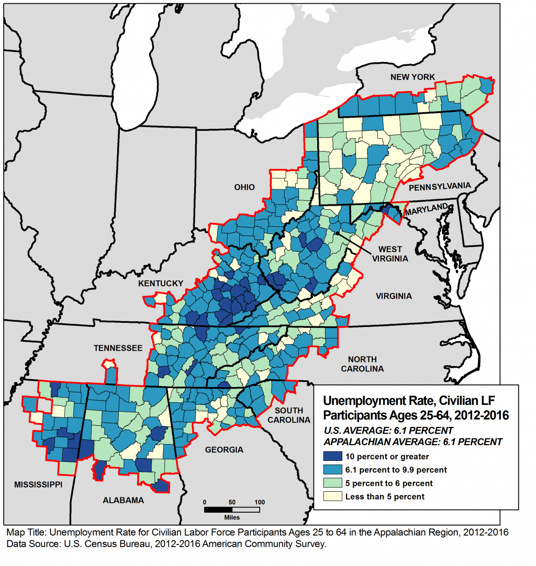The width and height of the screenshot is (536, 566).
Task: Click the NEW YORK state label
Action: (x=412, y=77)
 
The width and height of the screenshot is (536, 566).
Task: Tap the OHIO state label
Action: (x=245, y=187)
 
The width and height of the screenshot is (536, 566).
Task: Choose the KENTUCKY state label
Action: (x=161, y=284)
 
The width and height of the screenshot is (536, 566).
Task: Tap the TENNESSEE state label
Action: (x=118, y=348)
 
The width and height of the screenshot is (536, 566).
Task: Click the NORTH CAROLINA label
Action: (x=362, y=364)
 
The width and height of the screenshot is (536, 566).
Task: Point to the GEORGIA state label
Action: (x=224, y=449)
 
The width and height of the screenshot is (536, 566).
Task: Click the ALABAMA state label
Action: (x=123, y=500)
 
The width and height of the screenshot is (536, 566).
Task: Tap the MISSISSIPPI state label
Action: (x=35, y=484)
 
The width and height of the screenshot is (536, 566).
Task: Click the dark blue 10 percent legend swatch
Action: (x=332, y=456)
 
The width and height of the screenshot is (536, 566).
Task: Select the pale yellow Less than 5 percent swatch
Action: (x=332, y=496)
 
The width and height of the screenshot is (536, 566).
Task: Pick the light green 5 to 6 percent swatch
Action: (x=332, y=483)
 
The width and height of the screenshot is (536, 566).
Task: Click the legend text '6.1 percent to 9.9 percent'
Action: (x=396, y=470)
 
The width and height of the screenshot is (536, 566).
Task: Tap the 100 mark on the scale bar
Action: (x=260, y=502)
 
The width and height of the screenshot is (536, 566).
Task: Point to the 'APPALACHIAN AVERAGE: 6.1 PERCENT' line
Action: (x=413, y=442)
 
